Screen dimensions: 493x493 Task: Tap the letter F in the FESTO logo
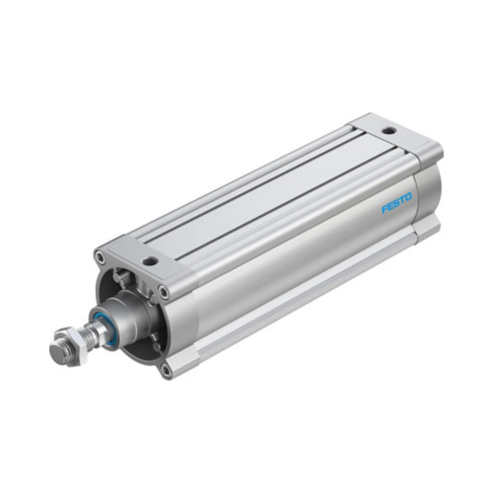coord(384,209)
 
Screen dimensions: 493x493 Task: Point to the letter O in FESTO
coord(408,198)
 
